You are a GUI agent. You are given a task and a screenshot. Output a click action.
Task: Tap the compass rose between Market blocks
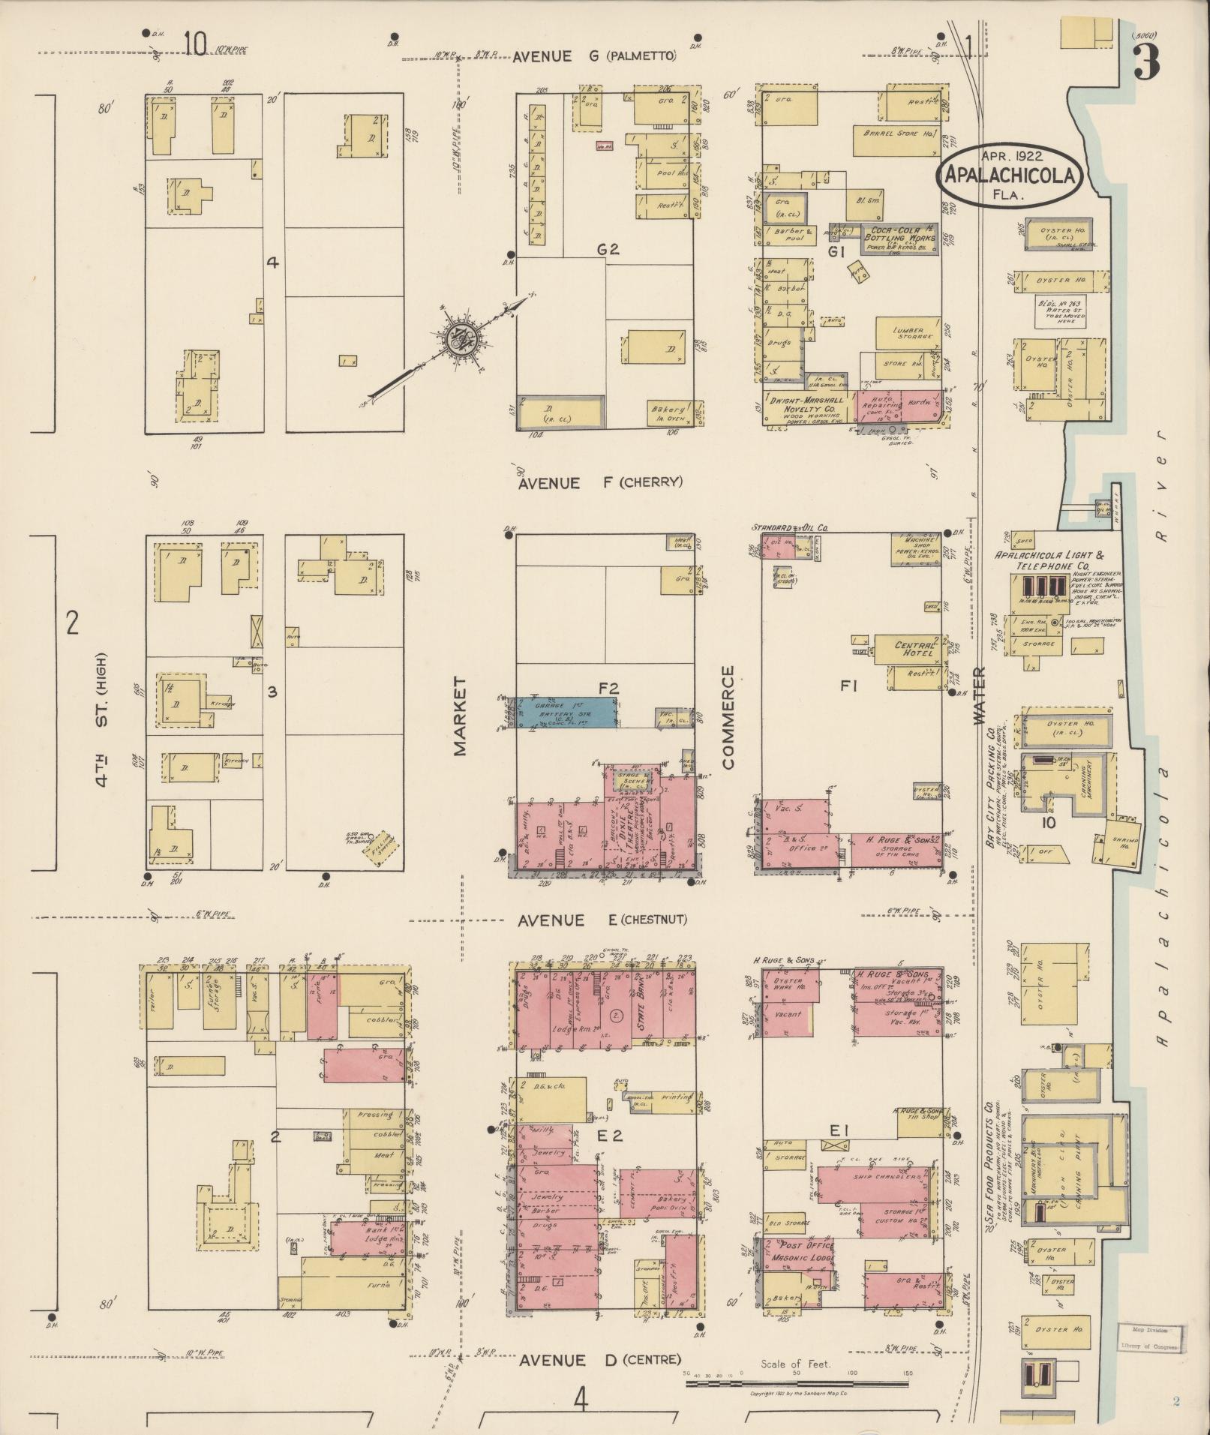coord(457,341)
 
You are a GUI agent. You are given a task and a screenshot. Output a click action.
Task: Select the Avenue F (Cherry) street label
coord(600,482)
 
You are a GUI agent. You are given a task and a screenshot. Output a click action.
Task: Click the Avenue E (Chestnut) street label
coord(602,920)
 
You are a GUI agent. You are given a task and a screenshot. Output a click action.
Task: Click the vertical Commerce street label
coord(728,716)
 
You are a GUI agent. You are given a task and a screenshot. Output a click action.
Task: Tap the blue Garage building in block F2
coord(566,712)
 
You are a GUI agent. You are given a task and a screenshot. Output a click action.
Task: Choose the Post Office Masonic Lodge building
coord(800,1251)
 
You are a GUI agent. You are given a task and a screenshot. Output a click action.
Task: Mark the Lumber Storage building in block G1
coord(908,333)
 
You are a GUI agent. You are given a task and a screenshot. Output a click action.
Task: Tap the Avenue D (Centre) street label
coord(600,1359)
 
